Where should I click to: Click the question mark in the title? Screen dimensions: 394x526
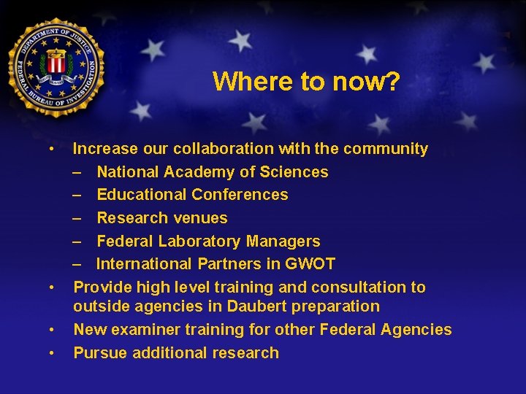[392, 81]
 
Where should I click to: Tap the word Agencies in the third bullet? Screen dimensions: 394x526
[416, 330]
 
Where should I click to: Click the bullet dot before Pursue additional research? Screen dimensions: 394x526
[53, 353]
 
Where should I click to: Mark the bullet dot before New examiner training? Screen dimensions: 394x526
[53, 330]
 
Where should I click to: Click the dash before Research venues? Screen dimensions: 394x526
[77, 218]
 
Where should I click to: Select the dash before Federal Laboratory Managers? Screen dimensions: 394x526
[77, 242]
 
